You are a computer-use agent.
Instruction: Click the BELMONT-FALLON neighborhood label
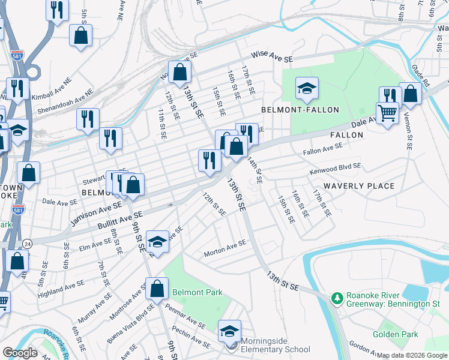(x=300, y=110)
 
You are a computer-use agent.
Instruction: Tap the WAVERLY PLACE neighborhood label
(x=359, y=186)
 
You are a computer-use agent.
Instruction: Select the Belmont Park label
(x=197, y=292)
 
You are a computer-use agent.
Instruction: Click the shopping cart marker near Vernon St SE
(x=387, y=112)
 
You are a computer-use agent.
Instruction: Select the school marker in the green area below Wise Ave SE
(x=307, y=89)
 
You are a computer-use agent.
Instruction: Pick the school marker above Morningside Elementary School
(x=229, y=331)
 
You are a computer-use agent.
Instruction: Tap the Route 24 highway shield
(x=28, y=243)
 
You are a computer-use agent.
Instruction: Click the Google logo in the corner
(x=20, y=353)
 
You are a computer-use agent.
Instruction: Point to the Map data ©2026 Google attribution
(x=412, y=355)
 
